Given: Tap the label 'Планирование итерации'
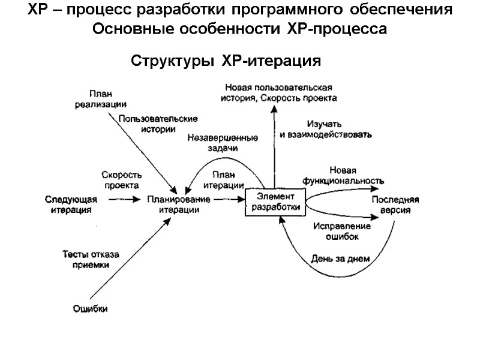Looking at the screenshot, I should (x=179, y=205).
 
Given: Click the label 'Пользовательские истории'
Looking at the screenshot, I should (x=158, y=124).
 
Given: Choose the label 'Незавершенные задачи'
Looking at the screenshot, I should (x=218, y=142).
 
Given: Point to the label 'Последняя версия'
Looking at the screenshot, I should (x=394, y=205).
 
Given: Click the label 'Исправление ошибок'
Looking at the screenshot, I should (x=342, y=232).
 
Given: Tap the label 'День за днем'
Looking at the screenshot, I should (x=340, y=259).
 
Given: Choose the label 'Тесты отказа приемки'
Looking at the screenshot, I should (x=91, y=259).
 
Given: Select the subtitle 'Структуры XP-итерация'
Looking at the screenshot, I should (x=227, y=62).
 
